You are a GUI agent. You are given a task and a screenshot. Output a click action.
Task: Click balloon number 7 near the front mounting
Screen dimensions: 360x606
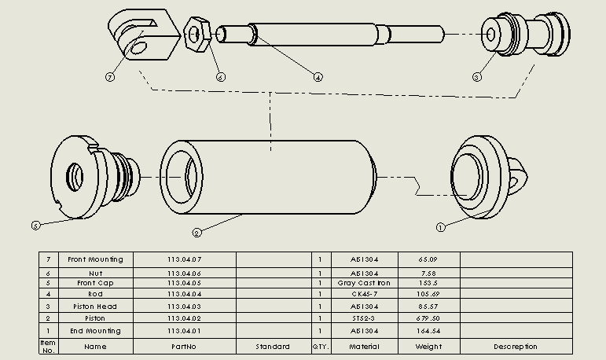110,77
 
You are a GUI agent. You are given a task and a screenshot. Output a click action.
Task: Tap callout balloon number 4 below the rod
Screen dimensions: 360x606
318,77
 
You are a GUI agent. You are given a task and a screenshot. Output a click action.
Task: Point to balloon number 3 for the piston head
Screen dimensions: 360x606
476,77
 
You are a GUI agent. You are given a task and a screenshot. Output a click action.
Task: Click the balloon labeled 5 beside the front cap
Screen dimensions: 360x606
35,226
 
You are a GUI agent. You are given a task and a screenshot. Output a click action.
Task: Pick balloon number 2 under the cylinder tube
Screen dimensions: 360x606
197,232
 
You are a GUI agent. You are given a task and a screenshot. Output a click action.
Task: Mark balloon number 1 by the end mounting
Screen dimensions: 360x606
440,227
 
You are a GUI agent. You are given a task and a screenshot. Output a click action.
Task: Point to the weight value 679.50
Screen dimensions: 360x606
428,318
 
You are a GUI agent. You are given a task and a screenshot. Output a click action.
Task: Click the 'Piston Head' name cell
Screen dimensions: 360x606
95,307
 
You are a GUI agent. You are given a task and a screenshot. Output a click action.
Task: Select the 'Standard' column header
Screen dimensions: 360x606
273,347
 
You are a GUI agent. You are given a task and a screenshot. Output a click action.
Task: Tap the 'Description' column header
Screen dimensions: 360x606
516,347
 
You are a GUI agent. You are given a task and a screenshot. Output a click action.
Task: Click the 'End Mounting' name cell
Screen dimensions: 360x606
95,331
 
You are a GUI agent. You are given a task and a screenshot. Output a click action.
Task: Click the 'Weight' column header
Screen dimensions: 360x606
428,347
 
